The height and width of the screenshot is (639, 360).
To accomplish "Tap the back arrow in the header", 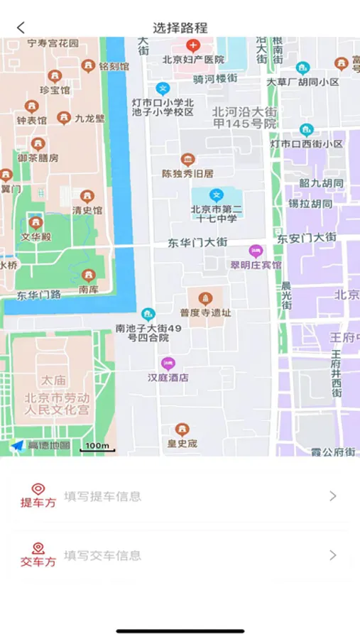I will click(21, 28).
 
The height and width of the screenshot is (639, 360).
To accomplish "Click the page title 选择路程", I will click(180, 28).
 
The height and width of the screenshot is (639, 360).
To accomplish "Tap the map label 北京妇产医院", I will click(192, 60).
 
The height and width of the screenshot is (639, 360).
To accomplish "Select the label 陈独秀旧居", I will click(187, 173).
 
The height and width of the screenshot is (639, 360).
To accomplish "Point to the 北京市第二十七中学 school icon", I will click(217, 195).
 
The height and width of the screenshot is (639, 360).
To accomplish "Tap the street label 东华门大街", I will click(197, 243).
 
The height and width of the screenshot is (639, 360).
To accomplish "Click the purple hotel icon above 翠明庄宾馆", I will click(256, 251).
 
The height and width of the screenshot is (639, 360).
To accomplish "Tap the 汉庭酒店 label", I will click(168, 378).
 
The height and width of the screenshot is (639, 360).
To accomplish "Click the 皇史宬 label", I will click(182, 444).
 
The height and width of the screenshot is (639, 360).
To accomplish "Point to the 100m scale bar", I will click(97, 447).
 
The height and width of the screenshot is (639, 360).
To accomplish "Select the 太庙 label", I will click(53, 381).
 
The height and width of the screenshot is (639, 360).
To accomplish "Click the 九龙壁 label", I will click(89, 119).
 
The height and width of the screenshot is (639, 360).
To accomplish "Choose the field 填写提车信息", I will click(103, 496).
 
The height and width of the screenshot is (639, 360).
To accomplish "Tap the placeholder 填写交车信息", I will click(103, 555).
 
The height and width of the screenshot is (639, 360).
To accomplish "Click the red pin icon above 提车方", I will click(38, 489).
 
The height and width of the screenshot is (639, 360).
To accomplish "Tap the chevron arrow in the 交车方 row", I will click(333, 555).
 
